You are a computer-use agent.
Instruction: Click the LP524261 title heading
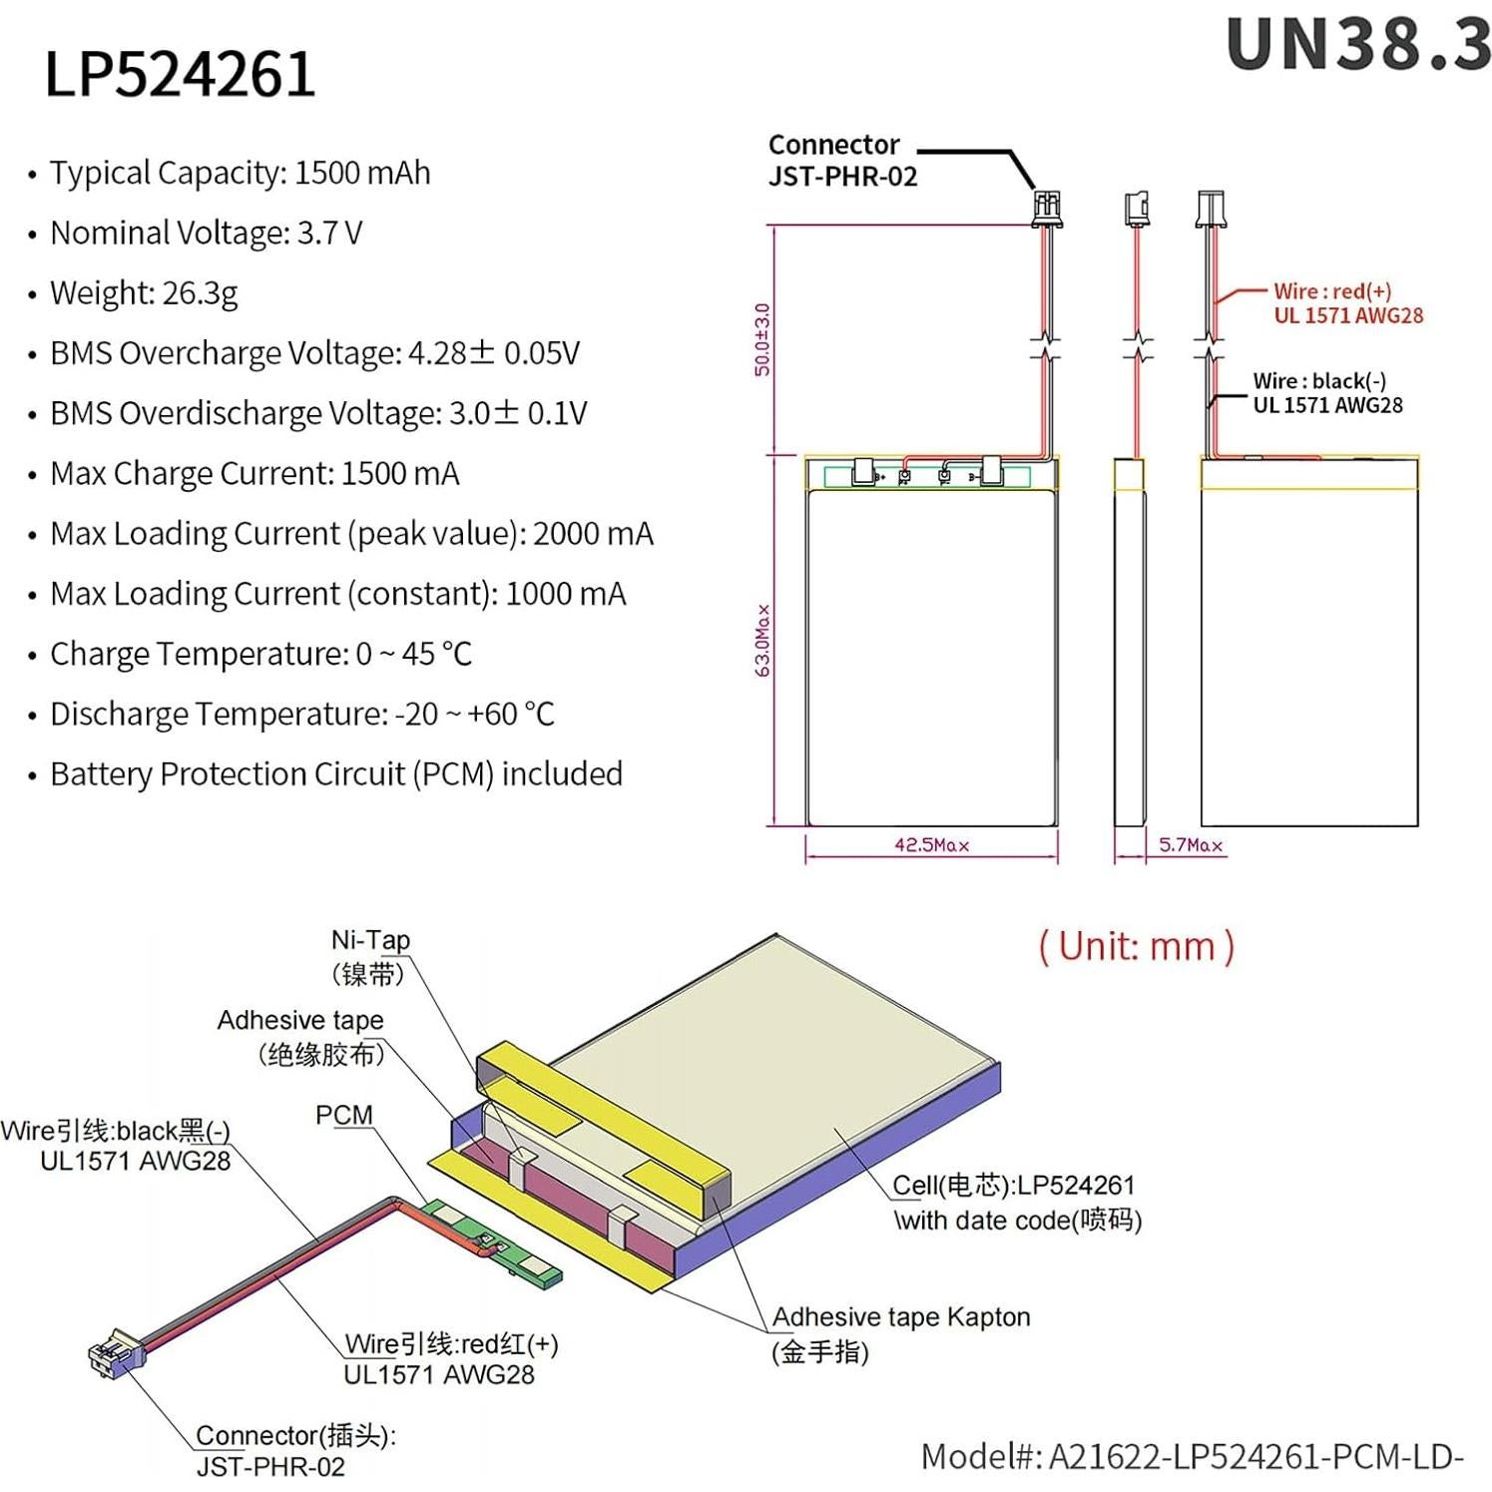pyautogui.click(x=180, y=74)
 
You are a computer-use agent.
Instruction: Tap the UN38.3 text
pyautogui.click(x=1357, y=46)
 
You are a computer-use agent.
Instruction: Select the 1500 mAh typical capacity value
pyautogui.click(x=362, y=173)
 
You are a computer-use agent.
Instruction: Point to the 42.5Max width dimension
pyautogui.click(x=931, y=845)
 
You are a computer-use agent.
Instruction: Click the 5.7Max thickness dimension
pyautogui.click(x=1191, y=845)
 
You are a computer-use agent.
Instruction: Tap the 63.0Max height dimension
pyautogui.click(x=763, y=640)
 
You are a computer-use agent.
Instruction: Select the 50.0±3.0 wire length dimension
pyautogui.click(x=763, y=339)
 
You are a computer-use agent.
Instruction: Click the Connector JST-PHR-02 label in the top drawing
pyautogui.click(x=841, y=160)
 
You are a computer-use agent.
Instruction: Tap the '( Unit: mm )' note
pyautogui.click(x=1137, y=946)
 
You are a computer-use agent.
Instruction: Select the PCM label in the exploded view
pyautogui.click(x=343, y=1115)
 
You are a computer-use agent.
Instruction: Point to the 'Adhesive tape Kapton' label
pyautogui.click(x=900, y=1317)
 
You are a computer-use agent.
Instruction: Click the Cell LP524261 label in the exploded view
pyautogui.click(x=1014, y=1186)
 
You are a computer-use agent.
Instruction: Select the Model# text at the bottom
pyautogui.click(x=1192, y=1457)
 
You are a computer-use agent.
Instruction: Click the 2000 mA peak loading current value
pyautogui.click(x=593, y=534)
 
